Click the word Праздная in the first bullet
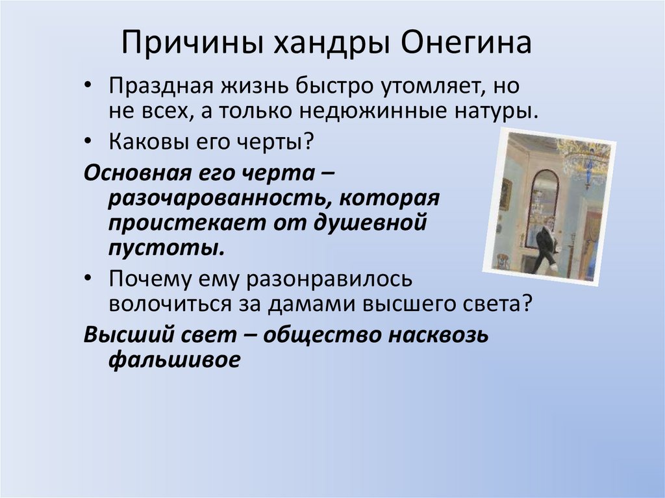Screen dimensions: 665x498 point(160,86)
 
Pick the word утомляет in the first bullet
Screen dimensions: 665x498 point(431,86)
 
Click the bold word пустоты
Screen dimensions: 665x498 point(166,248)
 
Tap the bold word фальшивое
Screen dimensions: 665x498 point(174,360)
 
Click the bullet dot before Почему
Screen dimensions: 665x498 point(88,279)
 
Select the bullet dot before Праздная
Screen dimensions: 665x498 point(88,85)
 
